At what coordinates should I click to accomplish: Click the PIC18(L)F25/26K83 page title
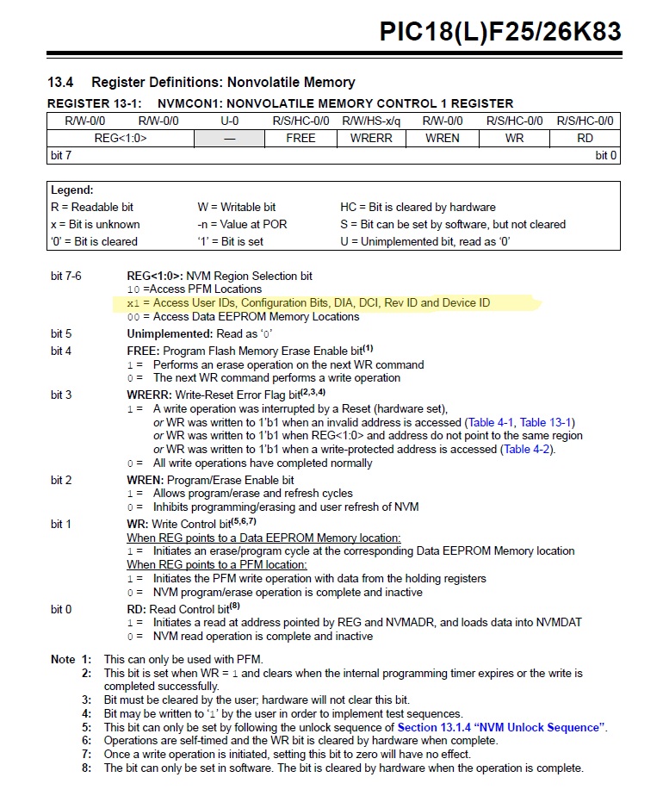(x=499, y=33)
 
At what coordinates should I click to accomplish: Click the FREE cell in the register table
(x=301, y=138)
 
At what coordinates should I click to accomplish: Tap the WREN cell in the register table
(x=442, y=138)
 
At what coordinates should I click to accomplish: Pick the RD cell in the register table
(x=585, y=138)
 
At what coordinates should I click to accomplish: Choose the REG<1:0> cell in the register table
(x=121, y=138)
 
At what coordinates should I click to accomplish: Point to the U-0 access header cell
(x=229, y=121)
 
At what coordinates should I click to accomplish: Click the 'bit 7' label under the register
(x=60, y=155)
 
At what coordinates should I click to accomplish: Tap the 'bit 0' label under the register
(x=606, y=155)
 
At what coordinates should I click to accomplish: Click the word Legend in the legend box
(x=72, y=190)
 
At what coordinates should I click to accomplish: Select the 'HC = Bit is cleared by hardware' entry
(x=418, y=207)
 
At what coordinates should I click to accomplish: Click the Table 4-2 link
(x=529, y=449)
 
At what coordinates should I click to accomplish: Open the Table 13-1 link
(x=547, y=422)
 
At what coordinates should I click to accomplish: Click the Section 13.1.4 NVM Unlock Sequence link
(x=502, y=727)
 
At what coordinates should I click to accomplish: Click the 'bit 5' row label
(x=61, y=333)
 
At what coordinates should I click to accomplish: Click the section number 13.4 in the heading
(x=60, y=83)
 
